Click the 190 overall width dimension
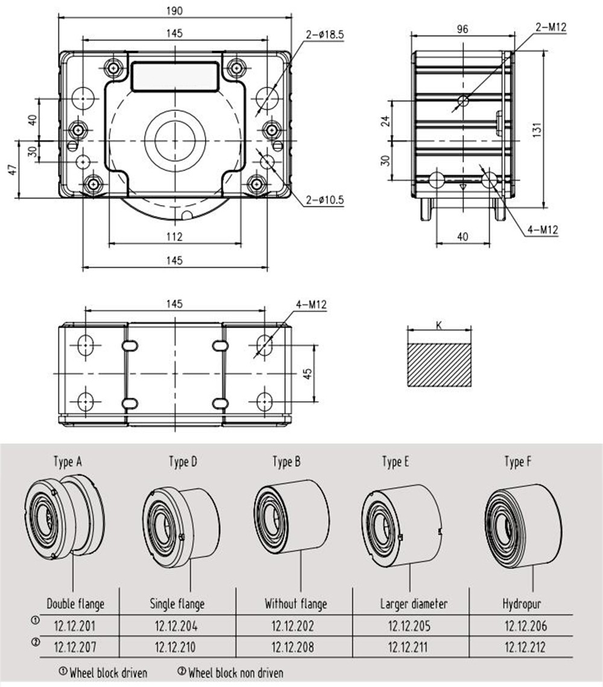174,10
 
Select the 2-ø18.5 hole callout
325,35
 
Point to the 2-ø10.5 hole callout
324,199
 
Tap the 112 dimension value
174,237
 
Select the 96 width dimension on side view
463,28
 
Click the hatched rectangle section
439,366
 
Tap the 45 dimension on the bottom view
307,373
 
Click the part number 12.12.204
176,626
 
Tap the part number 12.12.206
525,626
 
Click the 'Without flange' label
295,604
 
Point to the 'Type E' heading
396,462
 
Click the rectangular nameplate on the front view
174,77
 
